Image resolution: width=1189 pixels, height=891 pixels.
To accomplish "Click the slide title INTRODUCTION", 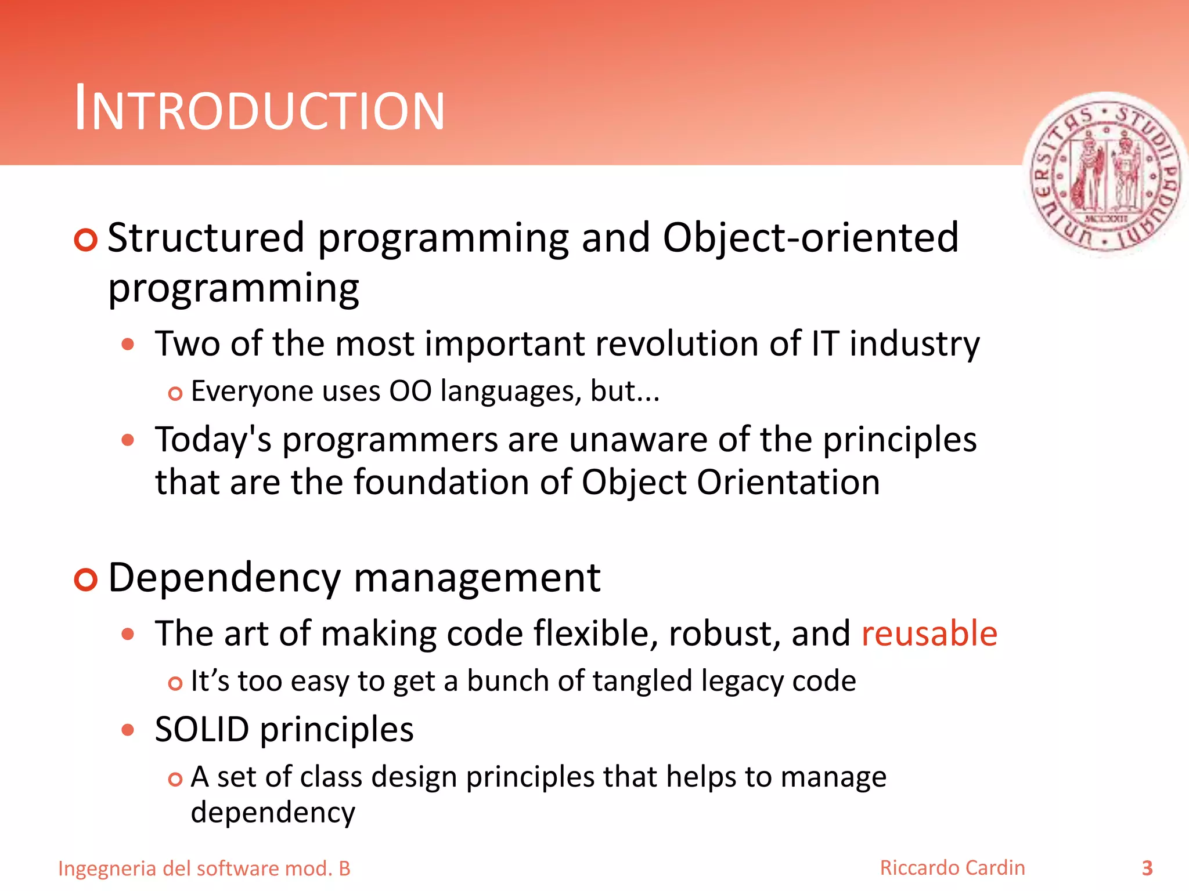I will (x=260, y=108).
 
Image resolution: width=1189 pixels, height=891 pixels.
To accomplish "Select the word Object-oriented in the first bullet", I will (x=810, y=238).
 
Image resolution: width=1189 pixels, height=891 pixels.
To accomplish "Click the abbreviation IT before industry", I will (x=824, y=343).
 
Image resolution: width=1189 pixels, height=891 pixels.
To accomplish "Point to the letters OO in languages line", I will (x=410, y=391).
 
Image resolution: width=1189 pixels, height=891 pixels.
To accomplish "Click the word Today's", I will (x=213, y=439).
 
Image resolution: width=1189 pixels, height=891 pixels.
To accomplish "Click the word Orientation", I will (x=788, y=482).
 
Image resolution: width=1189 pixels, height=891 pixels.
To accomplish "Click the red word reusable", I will (x=929, y=633).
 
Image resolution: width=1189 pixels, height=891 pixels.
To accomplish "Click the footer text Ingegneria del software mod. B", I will (x=204, y=868).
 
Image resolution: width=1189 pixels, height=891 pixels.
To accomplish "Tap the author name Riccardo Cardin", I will (x=952, y=868).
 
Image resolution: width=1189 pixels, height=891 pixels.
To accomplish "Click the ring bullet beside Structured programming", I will (x=85, y=240).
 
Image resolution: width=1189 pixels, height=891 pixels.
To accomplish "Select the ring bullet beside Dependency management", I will (x=85, y=579).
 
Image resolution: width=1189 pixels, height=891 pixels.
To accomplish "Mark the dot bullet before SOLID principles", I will (x=128, y=730).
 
